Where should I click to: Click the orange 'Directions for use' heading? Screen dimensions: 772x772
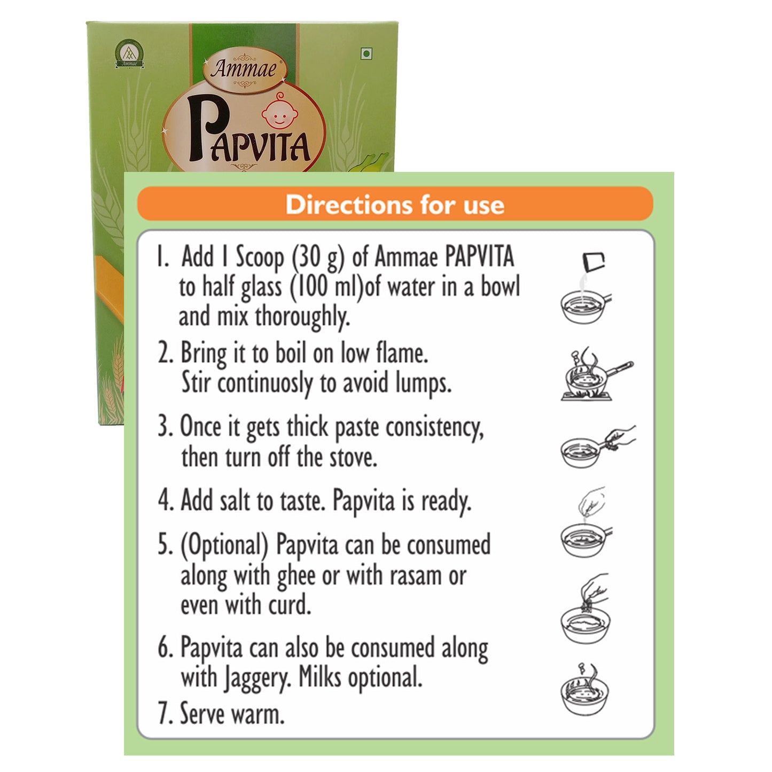tap(395, 204)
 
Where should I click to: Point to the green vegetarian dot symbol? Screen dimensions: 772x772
tap(366, 53)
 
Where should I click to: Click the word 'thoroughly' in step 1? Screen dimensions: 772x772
tap(302, 317)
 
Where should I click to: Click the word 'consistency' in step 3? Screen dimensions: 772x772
tap(434, 428)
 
